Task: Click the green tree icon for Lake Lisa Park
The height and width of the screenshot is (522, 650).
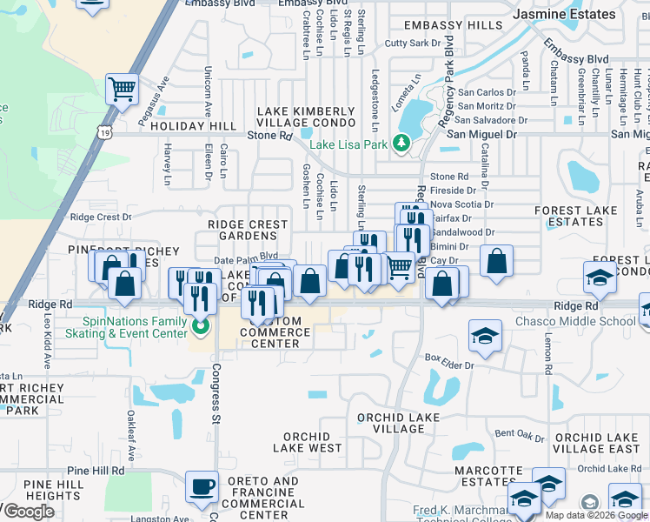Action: coord(401,144)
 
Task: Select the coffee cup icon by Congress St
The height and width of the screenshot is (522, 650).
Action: coord(202,487)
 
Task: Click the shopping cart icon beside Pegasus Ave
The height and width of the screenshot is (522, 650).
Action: coord(122,88)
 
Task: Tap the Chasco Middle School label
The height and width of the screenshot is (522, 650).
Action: coord(587,322)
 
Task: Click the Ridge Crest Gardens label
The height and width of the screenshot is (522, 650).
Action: coord(248,231)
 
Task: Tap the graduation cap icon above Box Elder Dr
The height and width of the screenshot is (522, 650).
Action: coord(485,335)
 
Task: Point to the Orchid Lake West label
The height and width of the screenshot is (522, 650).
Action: coord(307,442)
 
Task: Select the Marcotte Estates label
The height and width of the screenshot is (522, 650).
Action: coord(478,475)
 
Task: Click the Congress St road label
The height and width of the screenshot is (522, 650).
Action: coord(215,396)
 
